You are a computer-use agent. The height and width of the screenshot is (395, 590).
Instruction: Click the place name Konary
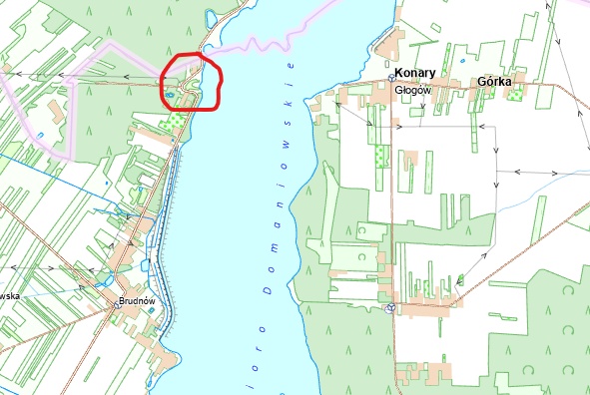point(412,73)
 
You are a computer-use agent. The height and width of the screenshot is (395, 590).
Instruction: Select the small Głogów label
point(411,88)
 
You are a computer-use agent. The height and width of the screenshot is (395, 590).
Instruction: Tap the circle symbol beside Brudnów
point(118,305)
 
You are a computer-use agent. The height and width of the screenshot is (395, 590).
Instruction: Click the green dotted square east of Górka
point(516,95)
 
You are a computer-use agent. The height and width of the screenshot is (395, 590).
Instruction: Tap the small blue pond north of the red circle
point(208,17)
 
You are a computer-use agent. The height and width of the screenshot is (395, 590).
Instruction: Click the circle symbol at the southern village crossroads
point(390,307)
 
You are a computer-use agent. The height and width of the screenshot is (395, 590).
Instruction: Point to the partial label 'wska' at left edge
point(9,295)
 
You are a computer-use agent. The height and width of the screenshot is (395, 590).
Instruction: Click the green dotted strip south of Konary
point(379,156)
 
